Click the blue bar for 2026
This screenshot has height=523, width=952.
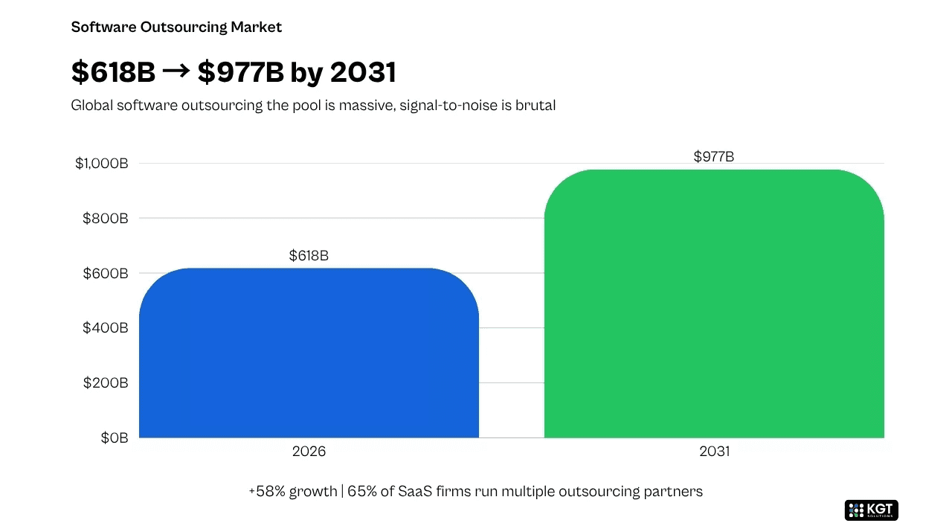pyautogui.click(x=309, y=353)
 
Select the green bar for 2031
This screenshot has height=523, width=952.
pyautogui.click(x=714, y=304)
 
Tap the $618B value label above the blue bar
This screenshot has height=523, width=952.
pyautogui.click(x=309, y=255)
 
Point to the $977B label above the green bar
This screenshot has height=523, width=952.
pyautogui.click(x=714, y=157)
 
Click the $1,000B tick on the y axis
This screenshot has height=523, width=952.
pyautogui.click(x=102, y=163)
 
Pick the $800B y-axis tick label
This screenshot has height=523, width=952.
pyautogui.click(x=106, y=219)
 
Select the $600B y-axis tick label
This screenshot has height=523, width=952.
pyautogui.click(x=106, y=274)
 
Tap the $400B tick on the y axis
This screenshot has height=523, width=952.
pyautogui.click(x=106, y=328)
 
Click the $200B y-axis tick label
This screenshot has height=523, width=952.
pyautogui.click(x=106, y=382)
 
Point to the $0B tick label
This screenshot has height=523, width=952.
pyautogui.click(x=115, y=437)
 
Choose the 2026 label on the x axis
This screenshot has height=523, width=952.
pyautogui.click(x=309, y=451)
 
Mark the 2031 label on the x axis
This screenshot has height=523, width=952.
pyautogui.click(x=715, y=451)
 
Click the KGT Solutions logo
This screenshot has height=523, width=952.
pyautogui.click(x=871, y=510)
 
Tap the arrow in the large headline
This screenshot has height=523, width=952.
pyautogui.click(x=176, y=71)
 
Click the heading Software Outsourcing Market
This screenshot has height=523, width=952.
pyautogui.click(x=176, y=28)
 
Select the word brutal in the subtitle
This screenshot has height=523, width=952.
pyautogui.click(x=535, y=105)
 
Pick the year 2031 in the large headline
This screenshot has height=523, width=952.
pyautogui.click(x=363, y=71)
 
